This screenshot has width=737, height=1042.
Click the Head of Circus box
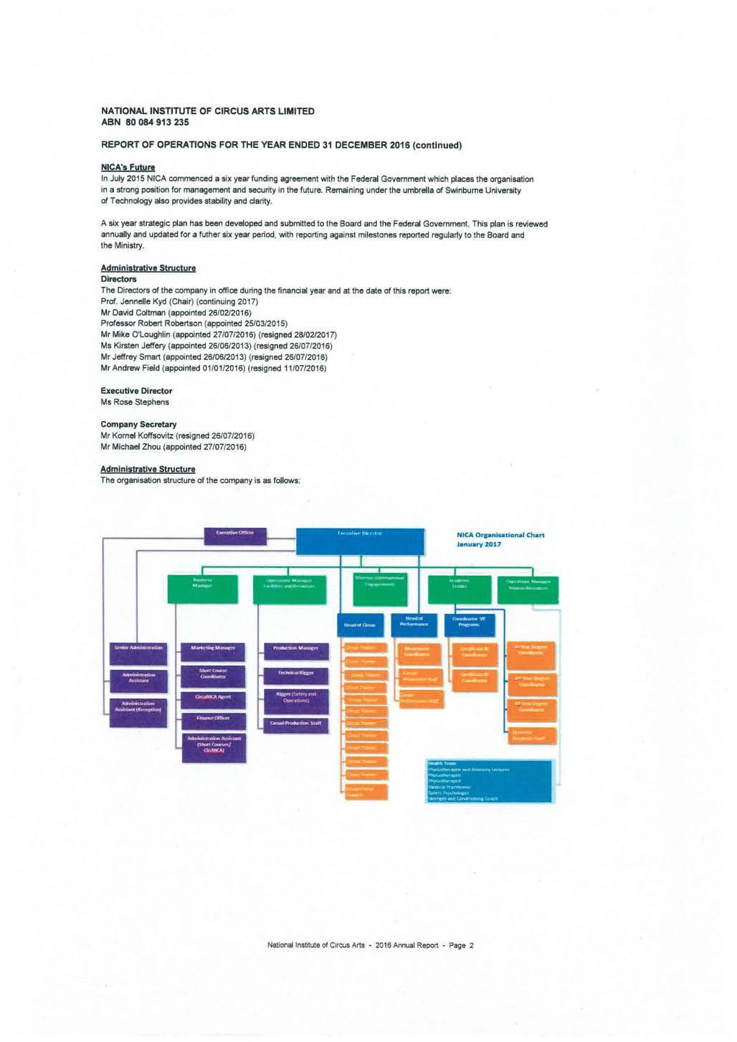coord(360,623)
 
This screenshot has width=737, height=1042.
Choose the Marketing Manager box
coord(213,648)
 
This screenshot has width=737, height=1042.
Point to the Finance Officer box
coord(213,718)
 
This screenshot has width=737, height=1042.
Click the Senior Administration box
coord(138,648)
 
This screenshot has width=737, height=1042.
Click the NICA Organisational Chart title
coord(500,539)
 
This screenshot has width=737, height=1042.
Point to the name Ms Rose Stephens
coord(135,402)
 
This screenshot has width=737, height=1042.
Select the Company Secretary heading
coord(138,425)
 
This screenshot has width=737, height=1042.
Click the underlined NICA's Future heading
coord(128,167)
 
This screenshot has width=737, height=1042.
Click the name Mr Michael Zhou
coord(173,447)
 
